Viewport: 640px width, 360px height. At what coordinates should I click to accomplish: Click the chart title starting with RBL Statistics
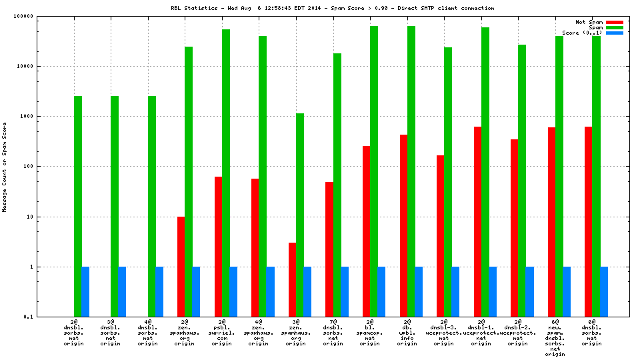[332, 8]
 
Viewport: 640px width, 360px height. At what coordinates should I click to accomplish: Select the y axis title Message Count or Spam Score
[5, 167]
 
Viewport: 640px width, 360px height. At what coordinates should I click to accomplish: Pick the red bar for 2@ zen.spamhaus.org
[181, 267]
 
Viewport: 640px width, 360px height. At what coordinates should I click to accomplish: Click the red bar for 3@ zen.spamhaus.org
[293, 279]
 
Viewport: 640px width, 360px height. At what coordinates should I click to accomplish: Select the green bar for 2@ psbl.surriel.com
[226, 173]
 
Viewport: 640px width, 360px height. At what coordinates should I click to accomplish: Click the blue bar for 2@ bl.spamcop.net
[381, 291]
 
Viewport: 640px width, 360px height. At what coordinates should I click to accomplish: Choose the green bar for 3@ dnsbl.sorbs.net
[115, 206]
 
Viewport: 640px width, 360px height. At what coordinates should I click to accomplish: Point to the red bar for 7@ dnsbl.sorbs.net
[329, 249]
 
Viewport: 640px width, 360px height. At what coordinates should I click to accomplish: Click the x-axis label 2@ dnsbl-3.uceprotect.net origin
[443, 331]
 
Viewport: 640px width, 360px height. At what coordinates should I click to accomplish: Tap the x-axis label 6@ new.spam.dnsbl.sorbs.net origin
[555, 337]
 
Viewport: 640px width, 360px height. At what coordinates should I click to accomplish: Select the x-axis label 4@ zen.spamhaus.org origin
[258, 331]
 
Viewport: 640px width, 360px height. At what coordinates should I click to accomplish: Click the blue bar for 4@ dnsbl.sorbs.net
[159, 291]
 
